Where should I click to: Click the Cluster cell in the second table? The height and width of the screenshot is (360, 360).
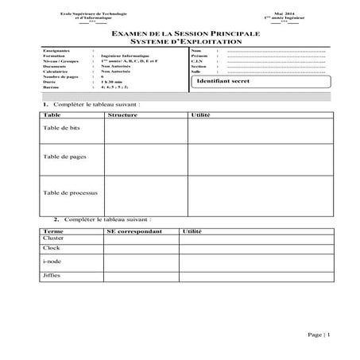(x=53, y=238)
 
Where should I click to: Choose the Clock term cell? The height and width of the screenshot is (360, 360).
(x=51, y=248)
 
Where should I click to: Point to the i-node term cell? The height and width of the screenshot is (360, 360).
(x=52, y=261)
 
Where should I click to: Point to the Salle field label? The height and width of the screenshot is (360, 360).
(x=197, y=72)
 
